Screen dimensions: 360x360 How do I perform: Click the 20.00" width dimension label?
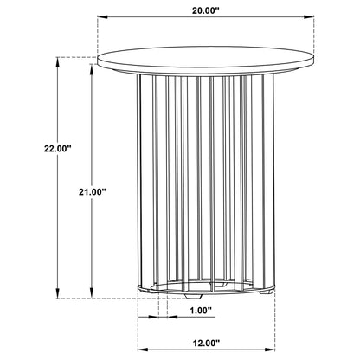click(x=206, y=10)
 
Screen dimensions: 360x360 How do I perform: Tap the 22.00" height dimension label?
click(x=58, y=149)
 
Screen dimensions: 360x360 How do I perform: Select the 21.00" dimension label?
click(x=93, y=192)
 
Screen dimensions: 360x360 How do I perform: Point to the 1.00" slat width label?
click(x=201, y=311)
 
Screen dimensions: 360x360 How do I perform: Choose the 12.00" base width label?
click(x=206, y=344)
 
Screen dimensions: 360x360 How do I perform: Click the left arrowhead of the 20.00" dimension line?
click(x=102, y=17)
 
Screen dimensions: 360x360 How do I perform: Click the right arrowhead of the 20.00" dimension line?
click(x=309, y=17)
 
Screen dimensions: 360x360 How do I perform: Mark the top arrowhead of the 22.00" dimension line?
click(x=58, y=62)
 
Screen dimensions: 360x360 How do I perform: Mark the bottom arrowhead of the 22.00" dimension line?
click(x=58, y=293)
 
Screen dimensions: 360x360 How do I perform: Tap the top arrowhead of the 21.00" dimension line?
click(x=92, y=69)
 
